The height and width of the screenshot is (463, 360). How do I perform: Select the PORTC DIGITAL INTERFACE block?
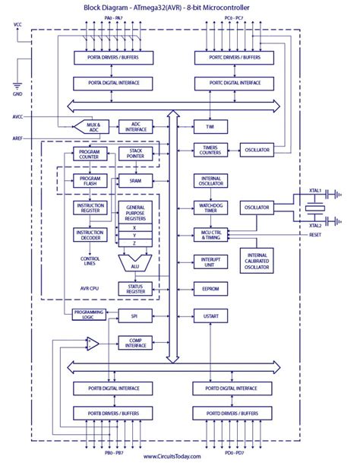pyautogui.click(x=230, y=83)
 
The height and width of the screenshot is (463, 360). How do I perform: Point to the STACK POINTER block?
pyautogui.click(x=136, y=154)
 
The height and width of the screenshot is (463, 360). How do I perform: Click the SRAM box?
pyautogui.click(x=136, y=180)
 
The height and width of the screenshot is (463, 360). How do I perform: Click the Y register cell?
pyautogui.click(x=134, y=235)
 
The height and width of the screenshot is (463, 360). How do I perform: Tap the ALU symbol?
pyautogui.click(x=134, y=262)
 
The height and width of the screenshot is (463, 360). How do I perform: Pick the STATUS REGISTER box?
pyautogui.click(x=136, y=289)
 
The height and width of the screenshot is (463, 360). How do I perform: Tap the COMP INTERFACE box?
pyautogui.click(x=136, y=342)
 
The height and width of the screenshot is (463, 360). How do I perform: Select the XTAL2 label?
pyautogui.click(x=315, y=226)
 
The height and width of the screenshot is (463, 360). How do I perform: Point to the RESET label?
pyautogui.click(x=315, y=236)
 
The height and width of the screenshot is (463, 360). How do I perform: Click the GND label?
pyautogui.click(x=18, y=94)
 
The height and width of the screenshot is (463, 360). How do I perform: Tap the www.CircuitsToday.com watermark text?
pyautogui.click(x=172, y=456)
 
